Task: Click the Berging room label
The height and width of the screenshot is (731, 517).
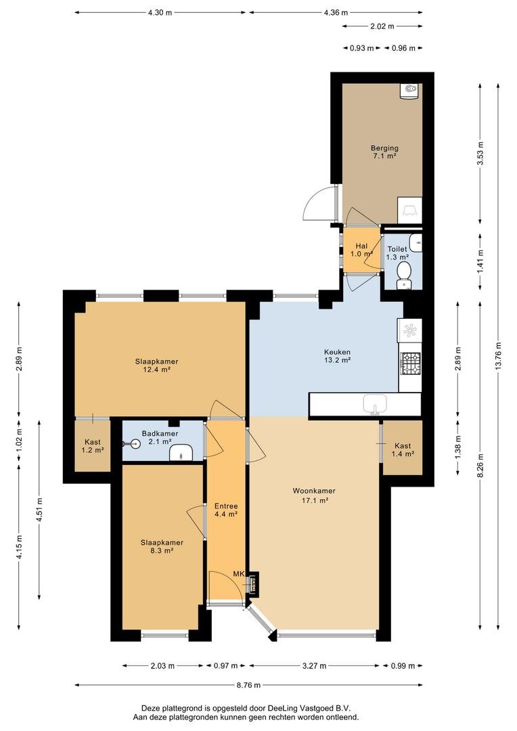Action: pos(384,152)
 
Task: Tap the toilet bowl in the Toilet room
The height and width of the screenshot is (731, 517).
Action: pos(403,275)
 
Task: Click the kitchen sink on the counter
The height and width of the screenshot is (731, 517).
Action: pos(375,403)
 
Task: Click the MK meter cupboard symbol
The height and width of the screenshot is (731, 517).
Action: pos(253,583)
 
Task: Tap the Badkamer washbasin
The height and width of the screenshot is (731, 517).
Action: pos(181,452)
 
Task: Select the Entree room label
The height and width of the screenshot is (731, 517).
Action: pos(226,510)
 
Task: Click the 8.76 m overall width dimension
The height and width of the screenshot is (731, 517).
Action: pos(249,685)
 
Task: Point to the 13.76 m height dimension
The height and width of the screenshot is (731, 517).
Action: pos(498,356)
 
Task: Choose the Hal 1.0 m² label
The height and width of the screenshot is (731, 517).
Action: pos(361,250)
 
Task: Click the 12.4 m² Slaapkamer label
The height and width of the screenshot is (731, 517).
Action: pos(156,365)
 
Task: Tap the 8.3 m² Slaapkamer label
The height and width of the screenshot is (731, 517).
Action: pos(162,546)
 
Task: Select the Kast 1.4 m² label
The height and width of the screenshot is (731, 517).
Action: pos(403,449)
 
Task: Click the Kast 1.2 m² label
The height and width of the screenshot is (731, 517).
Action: pos(92,445)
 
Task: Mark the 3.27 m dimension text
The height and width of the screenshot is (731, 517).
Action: pos(314,666)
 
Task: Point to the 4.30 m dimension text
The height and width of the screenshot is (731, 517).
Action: pos(160,13)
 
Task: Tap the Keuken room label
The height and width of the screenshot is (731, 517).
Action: pos(337,356)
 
